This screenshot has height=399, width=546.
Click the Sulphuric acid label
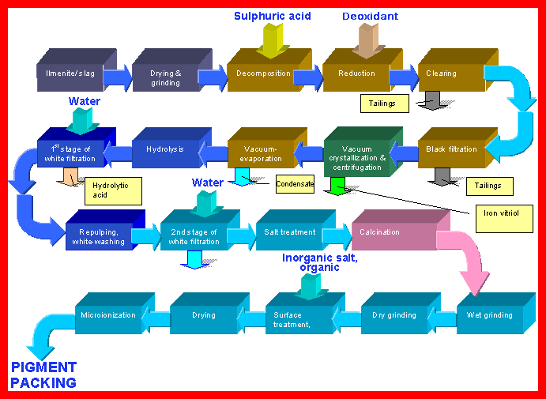(271, 17)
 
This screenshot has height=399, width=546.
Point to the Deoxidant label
(370, 17)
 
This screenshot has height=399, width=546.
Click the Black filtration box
(450, 150)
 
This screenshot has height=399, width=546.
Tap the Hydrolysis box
(165, 150)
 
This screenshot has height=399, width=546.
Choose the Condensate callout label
(294, 185)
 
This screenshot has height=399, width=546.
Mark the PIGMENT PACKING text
(43, 375)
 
